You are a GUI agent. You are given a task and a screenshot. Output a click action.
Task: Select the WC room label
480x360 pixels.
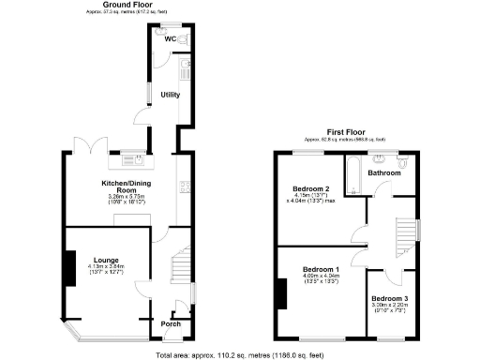coord(170,39)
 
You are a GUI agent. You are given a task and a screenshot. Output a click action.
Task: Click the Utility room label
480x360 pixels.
coord(170,95)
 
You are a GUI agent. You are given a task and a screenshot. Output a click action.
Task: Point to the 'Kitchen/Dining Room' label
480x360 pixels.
coord(127,187)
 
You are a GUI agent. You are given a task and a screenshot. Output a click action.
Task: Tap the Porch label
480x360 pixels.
coord(171,324)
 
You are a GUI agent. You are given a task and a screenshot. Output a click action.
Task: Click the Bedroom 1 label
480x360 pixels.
coord(322,269)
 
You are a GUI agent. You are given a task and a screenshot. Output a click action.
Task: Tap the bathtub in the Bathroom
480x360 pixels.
coord(353,175)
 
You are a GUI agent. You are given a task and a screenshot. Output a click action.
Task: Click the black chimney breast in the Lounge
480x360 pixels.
coord(68,268)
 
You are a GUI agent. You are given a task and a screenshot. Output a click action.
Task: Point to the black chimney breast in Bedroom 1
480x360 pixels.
coord(279,292)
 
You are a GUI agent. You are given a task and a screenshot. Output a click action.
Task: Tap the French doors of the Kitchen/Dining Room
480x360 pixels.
coord(75,148)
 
